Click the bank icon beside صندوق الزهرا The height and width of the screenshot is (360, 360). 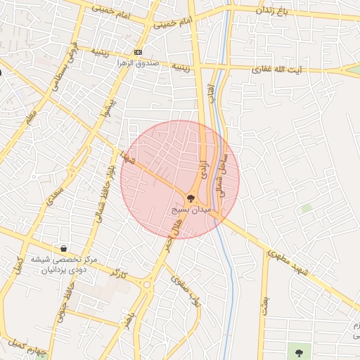(138, 52)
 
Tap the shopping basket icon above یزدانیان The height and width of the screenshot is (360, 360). (64, 248)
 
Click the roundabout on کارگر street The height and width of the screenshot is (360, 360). (146, 284)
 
